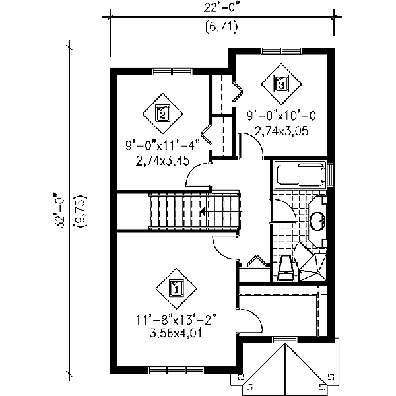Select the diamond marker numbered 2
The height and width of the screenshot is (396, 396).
pyautogui.click(x=162, y=114)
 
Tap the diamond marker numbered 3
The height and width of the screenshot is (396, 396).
pyautogui.click(x=281, y=83)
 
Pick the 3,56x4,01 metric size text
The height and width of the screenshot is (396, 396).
pyautogui.click(x=176, y=334)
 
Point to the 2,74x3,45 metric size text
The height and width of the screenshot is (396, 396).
pyautogui.click(x=161, y=160)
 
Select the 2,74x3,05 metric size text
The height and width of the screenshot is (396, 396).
pyautogui.click(x=281, y=129)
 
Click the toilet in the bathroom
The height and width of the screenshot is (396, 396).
pyautogui.click(x=284, y=263)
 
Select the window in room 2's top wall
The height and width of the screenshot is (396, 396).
pyautogui.click(x=172, y=71)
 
